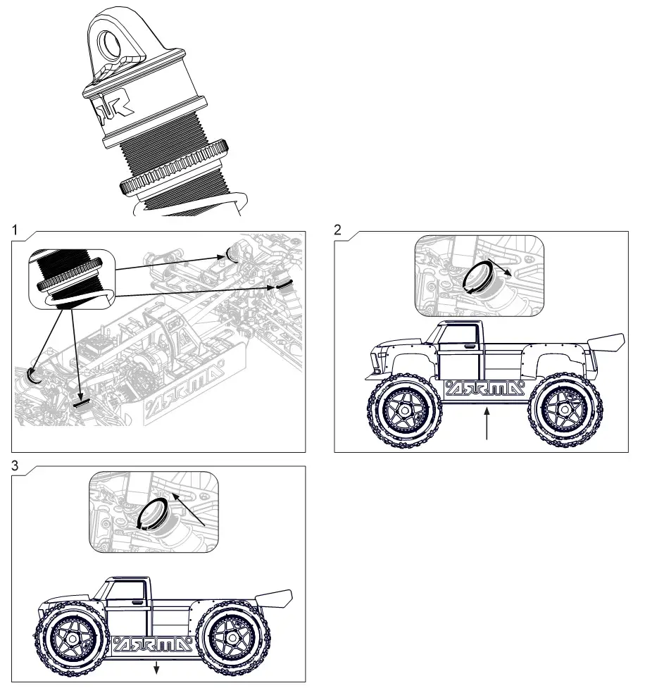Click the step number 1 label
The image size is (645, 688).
point(15,229)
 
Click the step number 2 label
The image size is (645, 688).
point(338,229)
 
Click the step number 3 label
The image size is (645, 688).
point(15,465)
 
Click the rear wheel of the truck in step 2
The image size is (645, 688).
point(565,409)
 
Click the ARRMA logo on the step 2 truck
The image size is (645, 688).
point(485,388)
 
